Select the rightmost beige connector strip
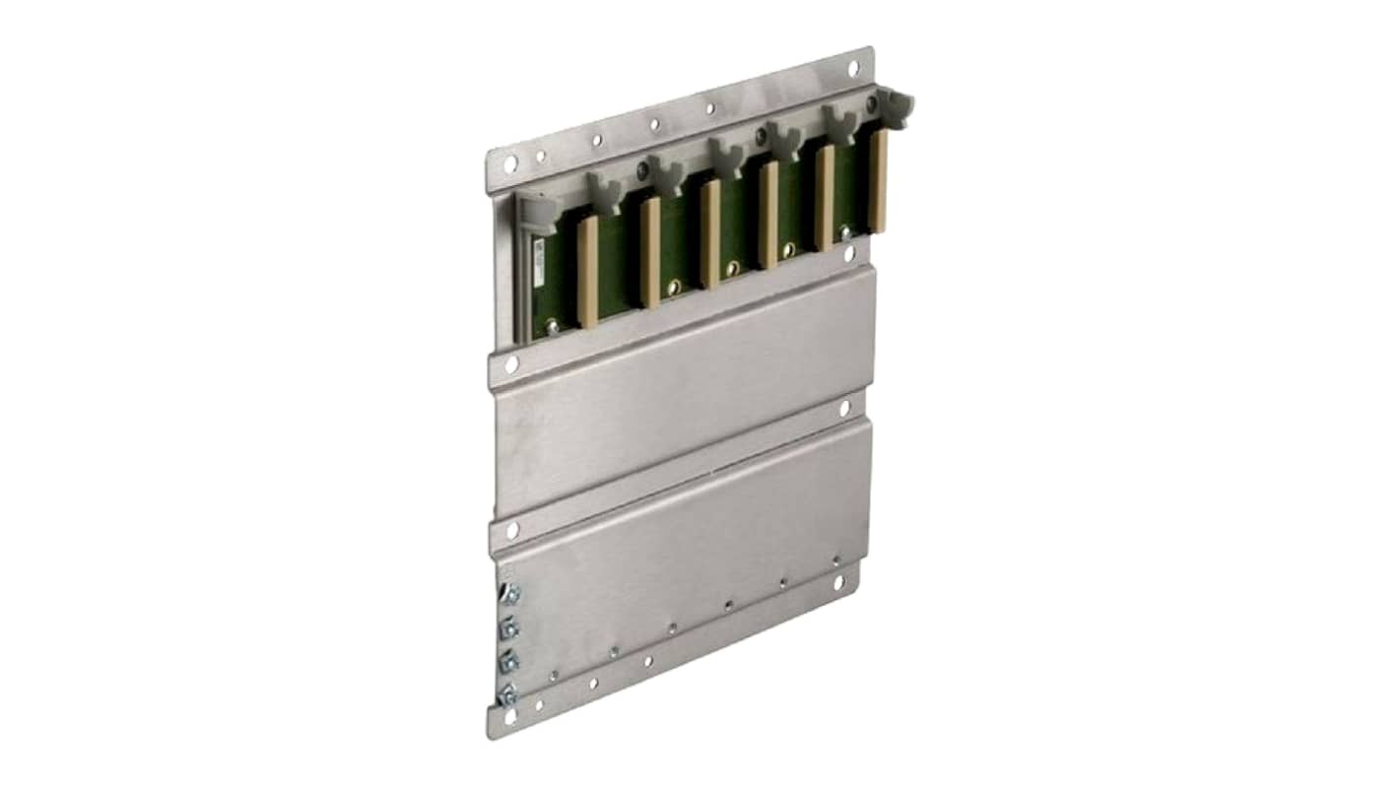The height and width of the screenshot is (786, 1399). point(878,181)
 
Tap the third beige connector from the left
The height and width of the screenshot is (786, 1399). point(710,233)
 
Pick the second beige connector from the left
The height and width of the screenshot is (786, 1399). point(649,252)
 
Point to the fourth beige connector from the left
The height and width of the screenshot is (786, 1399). point(768,215)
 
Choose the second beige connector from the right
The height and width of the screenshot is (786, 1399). point(825,197)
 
